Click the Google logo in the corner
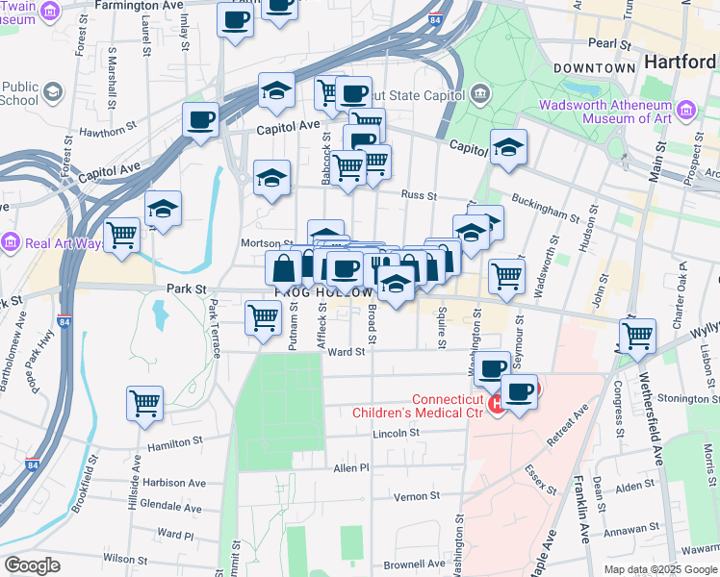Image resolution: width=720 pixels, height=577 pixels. pos(32,565)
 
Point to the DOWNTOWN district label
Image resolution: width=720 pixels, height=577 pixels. pos(594,68)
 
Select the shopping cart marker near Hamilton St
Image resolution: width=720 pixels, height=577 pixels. pos(144,403)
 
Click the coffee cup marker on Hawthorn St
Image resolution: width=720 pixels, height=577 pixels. pos(201,120)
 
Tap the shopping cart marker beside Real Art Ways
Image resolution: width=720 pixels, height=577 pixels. pos(122,234)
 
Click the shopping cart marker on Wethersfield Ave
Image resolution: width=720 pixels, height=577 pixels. pos(637,337)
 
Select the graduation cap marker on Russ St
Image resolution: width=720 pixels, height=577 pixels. pos(272,178)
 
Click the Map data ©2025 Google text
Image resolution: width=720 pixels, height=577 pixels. pos(659,568)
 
